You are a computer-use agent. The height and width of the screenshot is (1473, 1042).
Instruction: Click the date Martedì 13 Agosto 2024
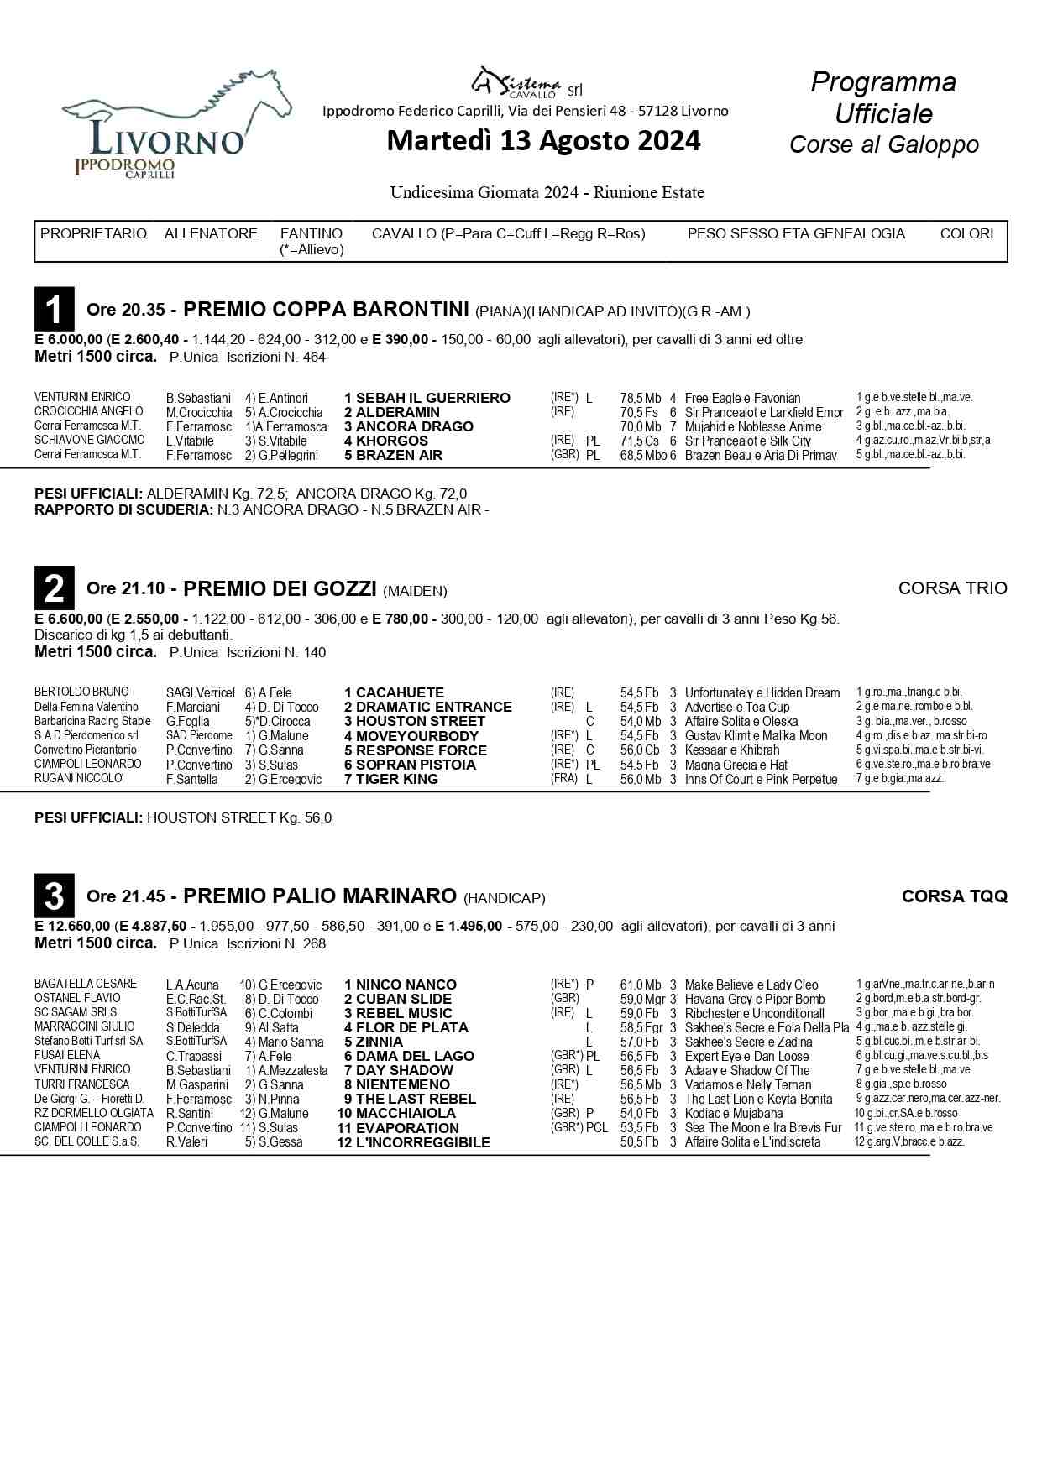coord(543,141)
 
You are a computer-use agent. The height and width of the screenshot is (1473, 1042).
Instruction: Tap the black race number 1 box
coord(54,309)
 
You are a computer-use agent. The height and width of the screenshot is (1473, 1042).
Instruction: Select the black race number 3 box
coord(54,896)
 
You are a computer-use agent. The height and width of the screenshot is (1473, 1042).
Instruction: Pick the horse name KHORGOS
coord(391,441)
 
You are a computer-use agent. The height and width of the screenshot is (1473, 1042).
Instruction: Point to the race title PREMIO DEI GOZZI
coord(279,589)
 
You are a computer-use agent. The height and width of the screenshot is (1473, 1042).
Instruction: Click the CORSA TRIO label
coord(952,588)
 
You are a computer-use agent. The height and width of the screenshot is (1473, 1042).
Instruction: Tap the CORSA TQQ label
coord(954,896)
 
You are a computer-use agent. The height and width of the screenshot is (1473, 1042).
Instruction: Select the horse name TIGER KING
coord(396,779)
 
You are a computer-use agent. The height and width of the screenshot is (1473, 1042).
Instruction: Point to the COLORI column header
coord(966,233)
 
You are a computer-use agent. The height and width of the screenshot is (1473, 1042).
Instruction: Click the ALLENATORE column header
coord(211,233)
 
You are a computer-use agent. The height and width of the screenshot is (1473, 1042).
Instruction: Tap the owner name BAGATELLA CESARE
coord(86,984)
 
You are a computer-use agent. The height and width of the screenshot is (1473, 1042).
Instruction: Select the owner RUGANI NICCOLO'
coord(80,779)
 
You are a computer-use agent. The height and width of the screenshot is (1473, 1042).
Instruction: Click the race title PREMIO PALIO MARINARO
coord(319,896)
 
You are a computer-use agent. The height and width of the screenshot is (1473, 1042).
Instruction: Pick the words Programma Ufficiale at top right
coord(883,97)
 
